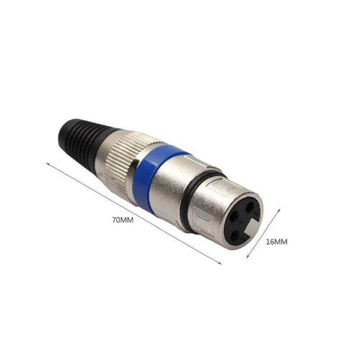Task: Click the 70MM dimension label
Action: (x=123, y=220)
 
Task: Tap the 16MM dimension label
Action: (x=276, y=242)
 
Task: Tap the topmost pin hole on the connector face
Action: (x=249, y=208)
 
